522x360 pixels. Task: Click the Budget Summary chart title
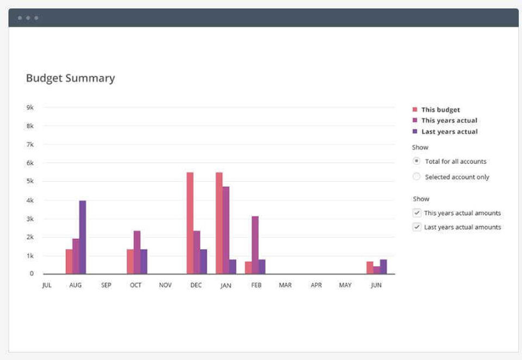pyautogui.click(x=70, y=78)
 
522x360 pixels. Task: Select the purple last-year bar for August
pyautogui.click(x=83, y=237)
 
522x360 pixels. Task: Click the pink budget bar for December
pyautogui.click(x=190, y=223)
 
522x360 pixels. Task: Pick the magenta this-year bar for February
pyautogui.click(x=255, y=245)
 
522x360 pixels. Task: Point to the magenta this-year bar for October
pyautogui.click(x=137, y=252)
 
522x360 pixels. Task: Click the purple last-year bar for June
pyautogui.click(x=383, y=266)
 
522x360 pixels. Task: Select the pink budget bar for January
pyautogui.click(x=219, y=223)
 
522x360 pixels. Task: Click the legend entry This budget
pyautogui.click(x=440, y=110)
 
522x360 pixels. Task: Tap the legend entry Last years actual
pyautogui.click(x=449, y=132)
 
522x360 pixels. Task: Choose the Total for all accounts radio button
pyautogui.click(x=417, y=161)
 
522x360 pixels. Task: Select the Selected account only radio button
pyautogui.click(x=417, y=177)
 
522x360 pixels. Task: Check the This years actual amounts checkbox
pyautogui.click(x=417, y=213)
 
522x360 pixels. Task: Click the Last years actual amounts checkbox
pyautogui.click(x=417, y=227)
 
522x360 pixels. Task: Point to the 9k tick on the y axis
pyautogui.click(x=30, y=108)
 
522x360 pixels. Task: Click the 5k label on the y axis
pyautogui.click(x=30, y=182)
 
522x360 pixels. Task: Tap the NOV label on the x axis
pyautogui.click(x=165, y=285)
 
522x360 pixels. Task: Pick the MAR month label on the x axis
pyautogui.click(x=285, y=285)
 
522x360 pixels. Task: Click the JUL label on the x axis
pyautogui.click(x=47, y=285)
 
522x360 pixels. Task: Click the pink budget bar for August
pyautogui.click(x=69, y=262)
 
